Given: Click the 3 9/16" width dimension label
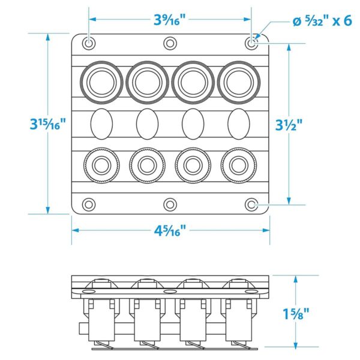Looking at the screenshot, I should (170, 19).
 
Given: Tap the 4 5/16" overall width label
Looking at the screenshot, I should (170, 229).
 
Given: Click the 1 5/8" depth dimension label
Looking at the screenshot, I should (296, 313).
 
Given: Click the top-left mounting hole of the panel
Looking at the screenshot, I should (89, 43).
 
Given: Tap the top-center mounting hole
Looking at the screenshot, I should (170, 43).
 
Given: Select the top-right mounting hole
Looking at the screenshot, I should (251, 43).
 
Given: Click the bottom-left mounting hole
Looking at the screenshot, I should (89, 205).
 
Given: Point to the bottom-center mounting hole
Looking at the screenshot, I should (170, 205).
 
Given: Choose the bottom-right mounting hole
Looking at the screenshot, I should (251, 205).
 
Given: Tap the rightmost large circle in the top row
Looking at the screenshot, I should (238, 81).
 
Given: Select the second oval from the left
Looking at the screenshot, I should (147, 124).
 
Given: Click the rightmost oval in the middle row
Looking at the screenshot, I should (238, 124).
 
